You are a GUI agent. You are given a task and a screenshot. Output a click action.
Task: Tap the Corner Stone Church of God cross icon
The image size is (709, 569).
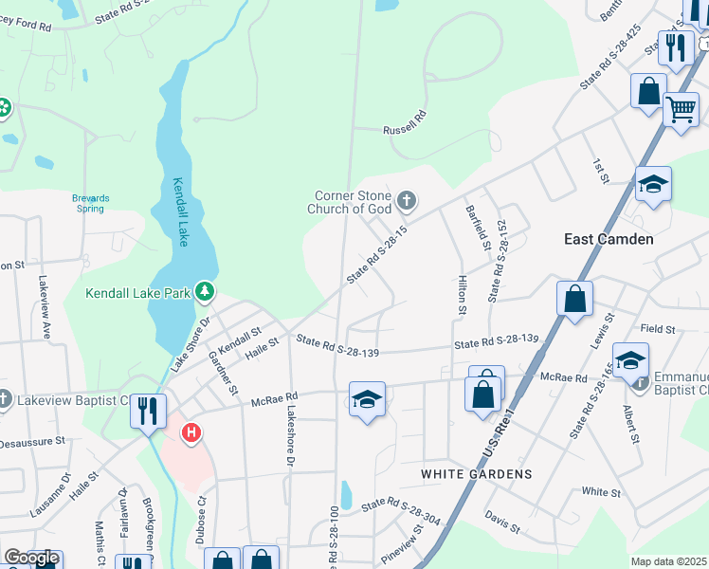pos(407,200)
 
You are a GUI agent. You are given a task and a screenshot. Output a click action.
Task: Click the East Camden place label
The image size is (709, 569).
pos(609,239)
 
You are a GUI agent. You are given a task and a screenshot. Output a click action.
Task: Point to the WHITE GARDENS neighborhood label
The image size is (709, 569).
pos(491,473)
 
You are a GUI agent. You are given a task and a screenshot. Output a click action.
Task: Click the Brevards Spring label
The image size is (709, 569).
pos(91,203)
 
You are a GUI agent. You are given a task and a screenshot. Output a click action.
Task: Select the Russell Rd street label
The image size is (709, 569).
pos(405,130)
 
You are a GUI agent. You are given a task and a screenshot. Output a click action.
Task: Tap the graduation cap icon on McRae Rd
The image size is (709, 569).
pos(367,398)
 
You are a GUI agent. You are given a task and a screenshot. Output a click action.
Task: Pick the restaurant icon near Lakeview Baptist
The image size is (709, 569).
pos(147,411)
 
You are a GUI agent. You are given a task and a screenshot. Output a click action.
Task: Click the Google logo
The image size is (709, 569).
pos(31,558)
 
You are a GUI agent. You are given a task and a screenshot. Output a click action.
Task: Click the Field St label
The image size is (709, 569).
pos(657,329)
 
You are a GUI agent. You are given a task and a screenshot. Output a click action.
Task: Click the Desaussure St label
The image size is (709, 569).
pos(31,442)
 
